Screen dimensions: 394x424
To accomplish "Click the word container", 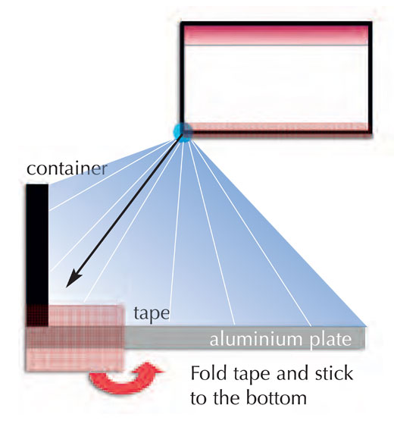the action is [67, 168].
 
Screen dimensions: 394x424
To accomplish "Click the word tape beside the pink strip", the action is [152, 314].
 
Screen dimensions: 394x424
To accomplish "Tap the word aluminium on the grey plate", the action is [255, 339].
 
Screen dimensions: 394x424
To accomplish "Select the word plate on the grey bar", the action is [330, 339].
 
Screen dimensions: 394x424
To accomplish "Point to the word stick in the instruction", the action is [334, 373].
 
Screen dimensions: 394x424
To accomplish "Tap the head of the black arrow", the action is [73, 280].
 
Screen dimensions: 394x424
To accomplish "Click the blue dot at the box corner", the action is [183, 132].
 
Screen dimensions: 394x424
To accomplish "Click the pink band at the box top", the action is [276, 35].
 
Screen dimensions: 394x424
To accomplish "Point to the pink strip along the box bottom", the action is [276, 126].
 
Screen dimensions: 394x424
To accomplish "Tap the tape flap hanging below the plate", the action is [75, 360].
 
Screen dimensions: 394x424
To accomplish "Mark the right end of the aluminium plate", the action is [365, 338].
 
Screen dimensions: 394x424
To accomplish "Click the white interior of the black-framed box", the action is [276, 84].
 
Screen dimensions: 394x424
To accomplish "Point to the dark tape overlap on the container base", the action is [37, 316].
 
